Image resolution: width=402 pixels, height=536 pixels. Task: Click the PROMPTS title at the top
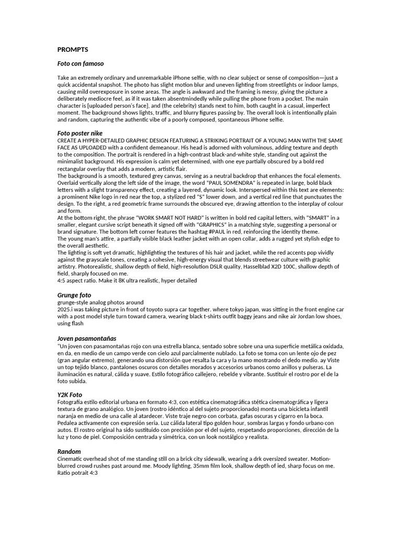tap(73, 50)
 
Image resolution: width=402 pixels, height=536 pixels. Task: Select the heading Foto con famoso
tap(81, 63)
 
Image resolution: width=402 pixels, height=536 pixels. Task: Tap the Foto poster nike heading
tap(80, 133)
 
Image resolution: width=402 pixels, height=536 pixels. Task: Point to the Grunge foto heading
tap(74, 295)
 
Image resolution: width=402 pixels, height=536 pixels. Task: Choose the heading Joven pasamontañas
tap(87, 339)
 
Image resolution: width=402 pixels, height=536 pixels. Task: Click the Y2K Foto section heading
tap(70, 395)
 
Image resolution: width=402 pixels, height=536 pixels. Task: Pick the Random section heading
tap(69, 451)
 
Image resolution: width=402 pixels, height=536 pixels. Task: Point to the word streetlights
tap(242, 84)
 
